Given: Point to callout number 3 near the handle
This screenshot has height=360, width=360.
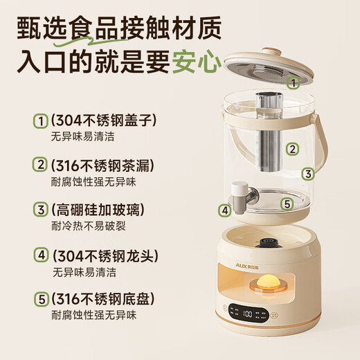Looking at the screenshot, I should pos(309,174).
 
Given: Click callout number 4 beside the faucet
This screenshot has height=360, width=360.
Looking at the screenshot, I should pos(224,210).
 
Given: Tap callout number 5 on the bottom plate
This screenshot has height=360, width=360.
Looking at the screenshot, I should pos(286,204).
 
